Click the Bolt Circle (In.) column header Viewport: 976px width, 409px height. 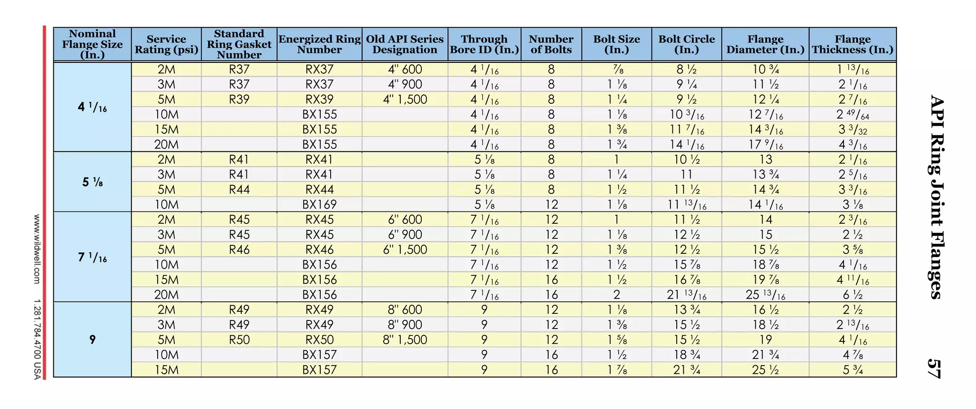687,44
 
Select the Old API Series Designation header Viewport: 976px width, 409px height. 405,44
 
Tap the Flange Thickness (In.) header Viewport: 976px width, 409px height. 853,44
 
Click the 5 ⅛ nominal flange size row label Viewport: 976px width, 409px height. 92,182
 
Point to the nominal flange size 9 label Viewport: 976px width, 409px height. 92,339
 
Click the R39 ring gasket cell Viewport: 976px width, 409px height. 239,100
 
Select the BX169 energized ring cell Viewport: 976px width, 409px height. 319,205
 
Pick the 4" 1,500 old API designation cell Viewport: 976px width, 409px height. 405,100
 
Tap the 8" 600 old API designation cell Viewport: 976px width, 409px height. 405,309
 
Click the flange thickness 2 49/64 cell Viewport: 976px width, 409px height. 853,115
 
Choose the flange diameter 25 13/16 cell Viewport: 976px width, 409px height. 765,295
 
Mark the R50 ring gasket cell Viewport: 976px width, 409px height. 239,339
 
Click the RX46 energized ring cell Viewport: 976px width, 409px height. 319,249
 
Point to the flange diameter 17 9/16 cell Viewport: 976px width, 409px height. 765,145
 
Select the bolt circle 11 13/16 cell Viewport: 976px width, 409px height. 687,205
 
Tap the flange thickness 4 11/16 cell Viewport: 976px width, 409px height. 853,279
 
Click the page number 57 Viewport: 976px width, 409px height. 935,369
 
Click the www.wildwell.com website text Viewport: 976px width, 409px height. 37,249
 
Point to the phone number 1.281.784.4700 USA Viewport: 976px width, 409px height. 37,339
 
